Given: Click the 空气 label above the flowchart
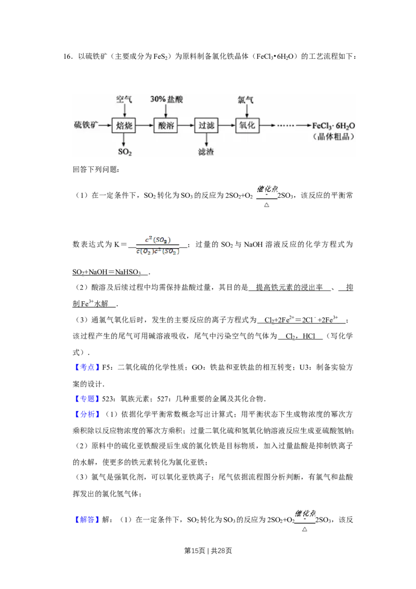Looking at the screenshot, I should tap(124, 99).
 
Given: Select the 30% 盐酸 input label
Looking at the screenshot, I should tap(166, 99).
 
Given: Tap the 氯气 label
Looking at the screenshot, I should tap(245, 99).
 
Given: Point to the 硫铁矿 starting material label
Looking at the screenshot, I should tap(86, 125).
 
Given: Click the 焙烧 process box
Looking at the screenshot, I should tap(124, 125).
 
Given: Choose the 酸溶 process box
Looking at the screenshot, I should tap(166, 125).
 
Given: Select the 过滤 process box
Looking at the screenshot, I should tap(207, 125).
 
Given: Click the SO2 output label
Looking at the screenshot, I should tap(125, 152).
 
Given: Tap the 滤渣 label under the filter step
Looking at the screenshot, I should tap(206, 152).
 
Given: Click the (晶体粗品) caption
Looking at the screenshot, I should tap(334, 137).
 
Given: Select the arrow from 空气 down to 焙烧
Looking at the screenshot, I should tap(124, 110).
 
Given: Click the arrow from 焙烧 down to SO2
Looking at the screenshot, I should tap(124, 140).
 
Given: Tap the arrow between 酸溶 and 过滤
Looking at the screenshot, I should tap(186, 125).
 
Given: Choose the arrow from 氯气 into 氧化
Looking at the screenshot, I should tap(246, 110).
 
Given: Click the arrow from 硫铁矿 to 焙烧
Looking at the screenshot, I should tap(105, 125).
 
